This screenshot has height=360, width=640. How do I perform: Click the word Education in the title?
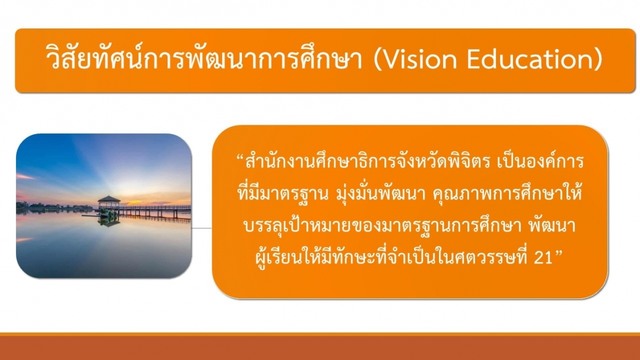point(528,59)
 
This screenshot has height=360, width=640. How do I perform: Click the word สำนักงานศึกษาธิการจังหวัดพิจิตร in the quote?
point(367,162)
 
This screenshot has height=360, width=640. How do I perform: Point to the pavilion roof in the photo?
point(109,199)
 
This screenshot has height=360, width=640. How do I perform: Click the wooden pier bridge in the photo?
point(155,210)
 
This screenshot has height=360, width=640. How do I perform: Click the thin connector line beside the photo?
point(202,228)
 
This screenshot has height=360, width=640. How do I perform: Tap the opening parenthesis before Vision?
point(378,60)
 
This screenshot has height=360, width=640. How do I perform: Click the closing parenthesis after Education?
point(597,60)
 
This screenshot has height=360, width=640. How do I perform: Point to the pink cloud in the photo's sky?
point(25,177)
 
